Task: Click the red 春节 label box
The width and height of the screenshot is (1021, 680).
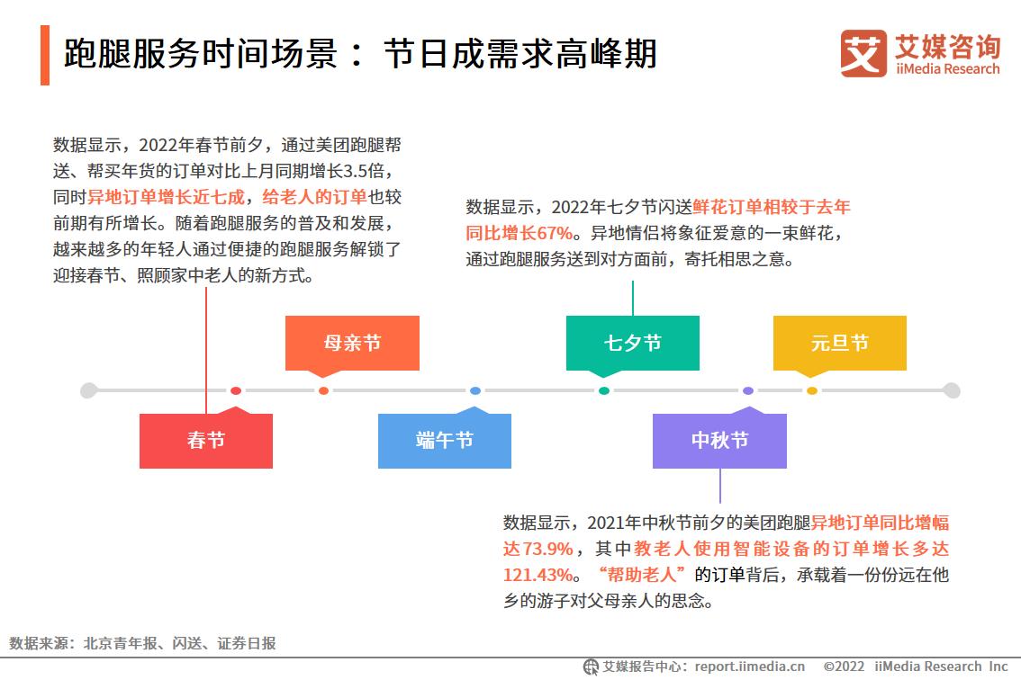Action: [x=206, y=441]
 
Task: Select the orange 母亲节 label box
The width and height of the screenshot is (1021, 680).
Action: [x=352, y=343]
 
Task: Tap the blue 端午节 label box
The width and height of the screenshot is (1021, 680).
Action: [x=445, y=441]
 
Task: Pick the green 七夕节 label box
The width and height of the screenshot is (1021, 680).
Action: [x=632, y=343]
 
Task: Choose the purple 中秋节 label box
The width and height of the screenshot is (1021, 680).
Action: [x=719, y=441]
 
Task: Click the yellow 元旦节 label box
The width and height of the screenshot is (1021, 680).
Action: [x=839, y=343]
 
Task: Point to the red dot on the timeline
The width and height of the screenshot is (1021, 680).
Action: [x=236, y=390]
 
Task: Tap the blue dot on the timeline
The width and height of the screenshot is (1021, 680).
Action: [x=475, y=390]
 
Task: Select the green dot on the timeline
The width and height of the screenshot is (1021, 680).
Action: [x=604, y=390]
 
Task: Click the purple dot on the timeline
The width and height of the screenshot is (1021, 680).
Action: [x=748, y=390]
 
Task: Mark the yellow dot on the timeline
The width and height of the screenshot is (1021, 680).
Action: [x=811, y=390]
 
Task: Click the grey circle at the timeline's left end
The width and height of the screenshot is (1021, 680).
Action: [x=88, y=390]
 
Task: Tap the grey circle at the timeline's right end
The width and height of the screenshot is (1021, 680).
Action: [x=952, y=390]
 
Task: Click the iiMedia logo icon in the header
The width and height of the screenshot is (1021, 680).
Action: [x=863, y=53]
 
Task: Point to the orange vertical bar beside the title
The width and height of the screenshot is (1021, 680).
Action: [x=45, y=56]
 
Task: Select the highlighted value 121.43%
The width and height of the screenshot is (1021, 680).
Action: [x=538, y=574]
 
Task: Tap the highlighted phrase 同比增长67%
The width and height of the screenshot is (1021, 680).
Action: [x=519, y=234]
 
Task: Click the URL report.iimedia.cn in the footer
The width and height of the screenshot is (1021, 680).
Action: [x=750, y=667]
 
